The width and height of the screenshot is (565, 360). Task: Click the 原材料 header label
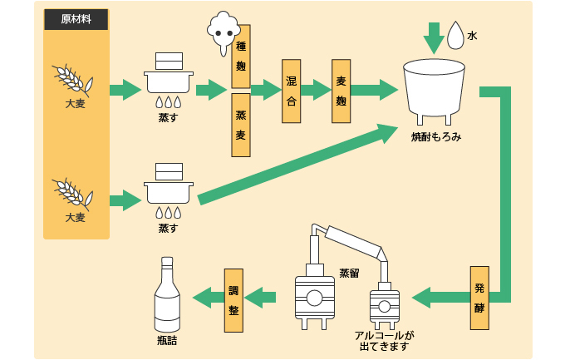pyautogui.click(x=76, y=19)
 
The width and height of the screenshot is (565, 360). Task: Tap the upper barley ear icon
pyautogui.click(x=72, y=80)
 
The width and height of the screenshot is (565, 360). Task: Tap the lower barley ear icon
pyautogui.click(x=72, y=193)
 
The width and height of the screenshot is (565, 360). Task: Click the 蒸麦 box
pyautogui.click(x=240, y=126)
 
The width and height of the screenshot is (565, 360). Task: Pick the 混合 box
pyautogui.click(x=291, y=91)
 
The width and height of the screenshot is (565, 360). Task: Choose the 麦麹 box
pyautogui.click(x=341, y=91)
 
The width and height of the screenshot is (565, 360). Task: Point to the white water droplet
pyautogui.click(x=455, y=36)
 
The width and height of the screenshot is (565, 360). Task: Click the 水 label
pyautogui.click(x=472, y=36)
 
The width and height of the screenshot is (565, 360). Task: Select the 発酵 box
pyautogui.click(x=479, y=298)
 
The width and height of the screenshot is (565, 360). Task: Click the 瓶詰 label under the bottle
pyautogui.click(x=167, y=341)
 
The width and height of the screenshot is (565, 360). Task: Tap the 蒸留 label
pyautogui.click(x=349, y=273)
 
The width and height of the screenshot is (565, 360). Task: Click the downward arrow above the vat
pyautogui.click(x=433, y=37)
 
